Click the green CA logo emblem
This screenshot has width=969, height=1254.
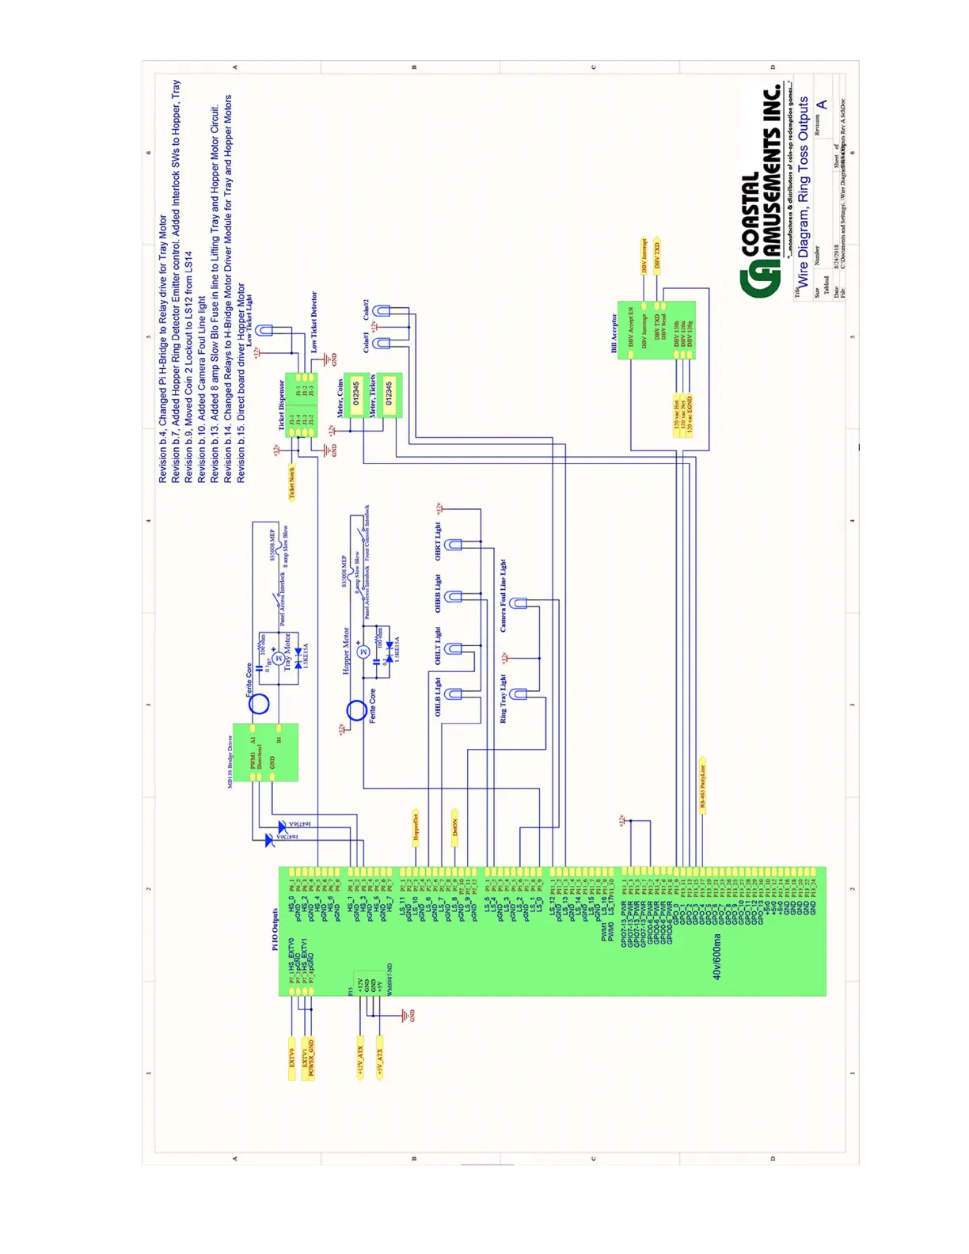pyautogui.click(x=759, y=282)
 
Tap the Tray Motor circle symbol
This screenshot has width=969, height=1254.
pyautogui.click(x=278, y=658)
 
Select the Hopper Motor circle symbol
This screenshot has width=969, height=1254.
pyautogui.click(x=363, y=652)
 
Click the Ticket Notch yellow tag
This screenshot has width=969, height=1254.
pyautogui.click(x=291, y=482)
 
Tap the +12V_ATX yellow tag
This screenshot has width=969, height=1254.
pyautogui.click(x=360, y=1058)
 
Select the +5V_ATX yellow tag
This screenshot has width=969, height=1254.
pyautogui.click(x=380, y=1058)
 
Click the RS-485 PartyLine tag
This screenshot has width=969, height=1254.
pyautogui.click(x=702, y=785)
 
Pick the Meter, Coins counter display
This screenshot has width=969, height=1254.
pyautogui.click(x=355, y=393)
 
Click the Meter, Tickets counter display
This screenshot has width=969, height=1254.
pyautogui.click(x=389, y=393)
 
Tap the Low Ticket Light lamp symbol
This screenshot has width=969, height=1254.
pyautogui.click(x=264, y=330)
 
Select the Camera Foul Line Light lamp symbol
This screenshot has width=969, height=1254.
pyautogui.click(x=519, y=603)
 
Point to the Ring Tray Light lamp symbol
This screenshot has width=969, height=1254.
pyautogui.click(x=519, y=694)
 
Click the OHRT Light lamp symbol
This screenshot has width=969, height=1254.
pyautogui.click(x=453, y=545)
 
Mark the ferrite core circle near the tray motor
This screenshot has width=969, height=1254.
pyautogui.click(x=259, y=703)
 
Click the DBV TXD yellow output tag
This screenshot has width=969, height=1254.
pyautogui.click(x=656, y=256)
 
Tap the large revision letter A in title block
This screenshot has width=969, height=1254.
pyautogui.click(x=822, y=104)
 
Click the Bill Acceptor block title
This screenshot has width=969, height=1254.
pyautogui.click(x=614, y=333)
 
